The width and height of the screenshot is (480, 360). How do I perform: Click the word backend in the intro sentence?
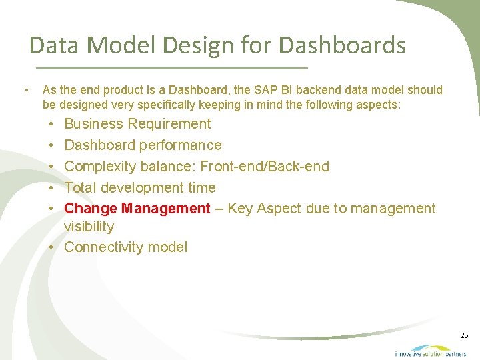click(x=306, y=90)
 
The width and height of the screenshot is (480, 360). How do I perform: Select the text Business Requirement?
click(x=137, y=124)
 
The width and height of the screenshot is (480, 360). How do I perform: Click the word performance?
click(x=181, y=145)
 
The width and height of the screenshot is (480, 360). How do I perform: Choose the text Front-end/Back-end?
click(x=265, y=167)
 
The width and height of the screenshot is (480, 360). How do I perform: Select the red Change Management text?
click(x=137, y=209)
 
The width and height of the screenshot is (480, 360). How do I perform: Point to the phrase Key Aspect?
click(x=265, y=209)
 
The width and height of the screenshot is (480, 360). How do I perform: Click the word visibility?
click(x=89, y=227)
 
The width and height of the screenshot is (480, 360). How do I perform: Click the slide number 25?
click(x=464, y=335)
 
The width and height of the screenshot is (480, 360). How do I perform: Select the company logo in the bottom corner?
click(x=430, y=351)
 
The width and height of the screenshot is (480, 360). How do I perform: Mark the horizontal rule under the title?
click(x=171, y=68)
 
